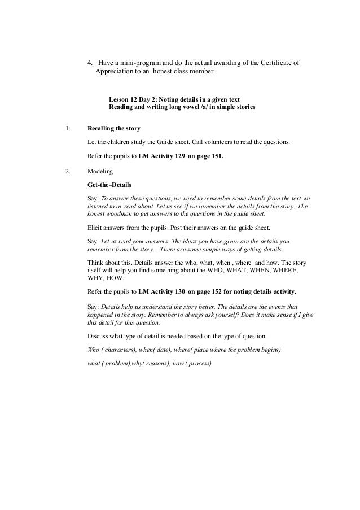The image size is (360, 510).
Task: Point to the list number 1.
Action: (68, 129)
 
